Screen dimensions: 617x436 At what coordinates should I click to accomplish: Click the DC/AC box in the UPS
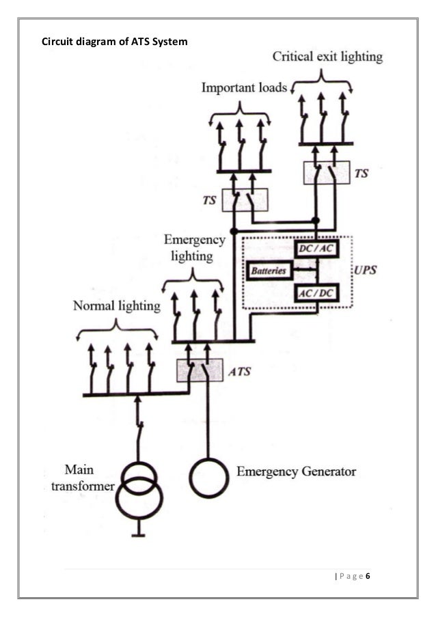(315, 249)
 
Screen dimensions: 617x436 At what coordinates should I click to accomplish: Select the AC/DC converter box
(315, 293)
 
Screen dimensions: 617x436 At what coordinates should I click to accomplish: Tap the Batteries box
(269, 271)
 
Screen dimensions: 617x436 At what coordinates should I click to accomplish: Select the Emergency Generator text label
(296, 472)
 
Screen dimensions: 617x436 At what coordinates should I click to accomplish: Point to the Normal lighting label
(117, 306)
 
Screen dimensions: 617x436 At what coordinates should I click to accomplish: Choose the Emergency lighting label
(195, 248)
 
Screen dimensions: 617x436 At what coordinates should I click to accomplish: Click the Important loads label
(244, 89)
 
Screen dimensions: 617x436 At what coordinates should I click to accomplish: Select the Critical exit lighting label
(328, 57)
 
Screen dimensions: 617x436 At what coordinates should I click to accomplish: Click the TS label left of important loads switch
(211, 202)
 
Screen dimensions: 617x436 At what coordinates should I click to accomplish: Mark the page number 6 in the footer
(368, 577)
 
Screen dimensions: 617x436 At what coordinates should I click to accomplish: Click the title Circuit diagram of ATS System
(114, 41)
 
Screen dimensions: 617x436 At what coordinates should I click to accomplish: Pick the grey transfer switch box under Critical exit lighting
(326, 173)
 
